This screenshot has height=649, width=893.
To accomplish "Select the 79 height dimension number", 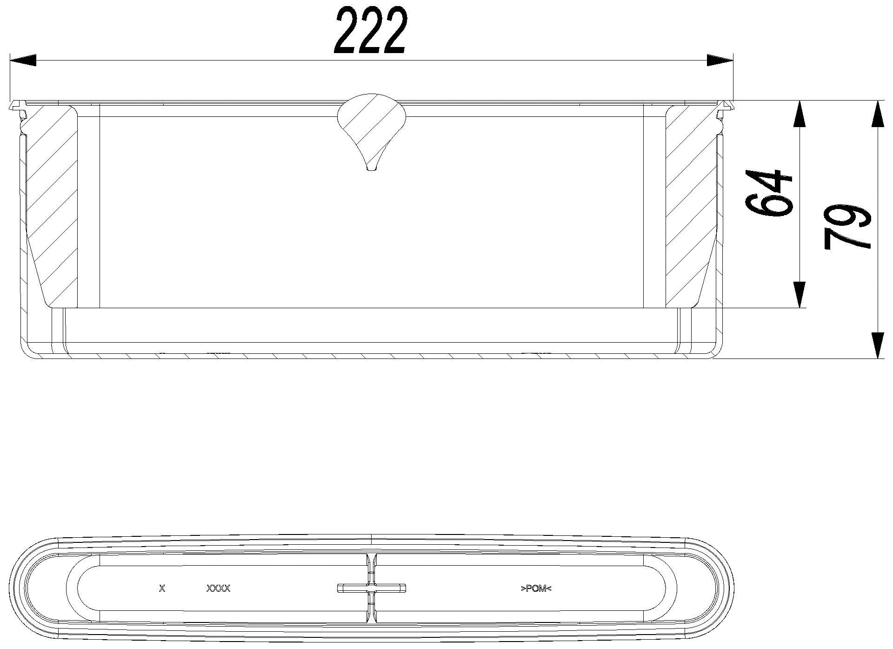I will pos(846,227).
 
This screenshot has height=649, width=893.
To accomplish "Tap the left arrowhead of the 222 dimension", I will pos(23,60).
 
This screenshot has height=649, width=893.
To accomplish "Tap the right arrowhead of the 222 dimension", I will pos(720,60).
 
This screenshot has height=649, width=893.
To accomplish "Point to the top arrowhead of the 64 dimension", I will pos(799,114).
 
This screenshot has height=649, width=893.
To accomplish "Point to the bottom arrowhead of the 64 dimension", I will pos(799,294).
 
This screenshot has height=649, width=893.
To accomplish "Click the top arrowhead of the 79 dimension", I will pos(877,114).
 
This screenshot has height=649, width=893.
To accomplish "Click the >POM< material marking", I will pos(536,588).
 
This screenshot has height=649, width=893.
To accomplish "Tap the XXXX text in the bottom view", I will pos(218,588).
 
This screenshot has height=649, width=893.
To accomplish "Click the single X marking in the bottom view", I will pos(162,588).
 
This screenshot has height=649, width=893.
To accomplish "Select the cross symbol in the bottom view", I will pos(372,588).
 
